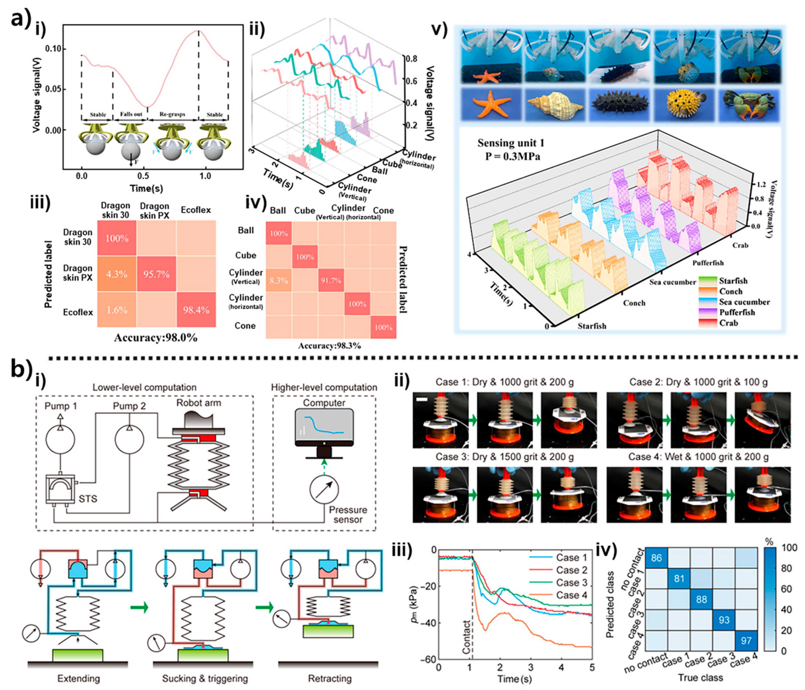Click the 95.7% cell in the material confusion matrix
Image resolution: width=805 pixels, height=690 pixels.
(x=156, y=274)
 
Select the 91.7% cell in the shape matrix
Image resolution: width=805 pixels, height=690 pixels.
(x=331, y=280)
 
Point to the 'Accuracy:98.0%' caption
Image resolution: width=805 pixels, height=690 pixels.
(x=155, y=338)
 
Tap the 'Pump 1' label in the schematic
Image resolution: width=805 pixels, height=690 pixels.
(x=61, y=406)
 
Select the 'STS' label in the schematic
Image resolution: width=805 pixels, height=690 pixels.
(x=87, y=499)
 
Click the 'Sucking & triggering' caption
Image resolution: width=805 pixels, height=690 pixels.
(x=205, y=678)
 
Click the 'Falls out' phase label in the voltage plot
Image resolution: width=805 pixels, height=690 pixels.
(x=131, y=114)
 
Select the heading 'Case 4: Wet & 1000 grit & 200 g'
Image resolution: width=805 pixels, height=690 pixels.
(x=698, y=457)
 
